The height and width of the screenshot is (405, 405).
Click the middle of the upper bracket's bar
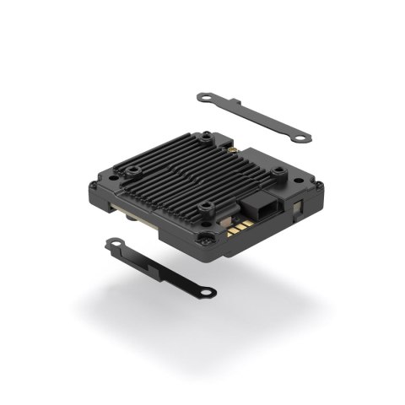[253, 117]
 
